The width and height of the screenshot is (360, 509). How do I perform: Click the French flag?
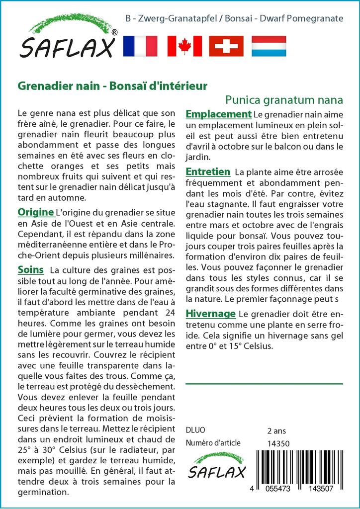(x=140, y=46)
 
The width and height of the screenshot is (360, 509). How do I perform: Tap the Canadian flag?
(x=184, y=46)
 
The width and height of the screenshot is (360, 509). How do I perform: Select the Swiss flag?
(x=226, y=46)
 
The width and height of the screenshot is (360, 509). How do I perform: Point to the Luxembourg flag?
(x=269, y=46)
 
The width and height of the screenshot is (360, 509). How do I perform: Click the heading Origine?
(x=35, y=212)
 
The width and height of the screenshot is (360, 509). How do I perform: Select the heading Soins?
(x=30, y=270)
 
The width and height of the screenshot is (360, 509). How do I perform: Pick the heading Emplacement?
(x=218, y=114)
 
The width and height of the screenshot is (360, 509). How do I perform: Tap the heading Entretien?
(x=208, y=172)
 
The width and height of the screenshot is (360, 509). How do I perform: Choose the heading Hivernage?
(x=210, y=314)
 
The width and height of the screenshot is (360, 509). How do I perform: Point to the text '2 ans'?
(x=276, y=430)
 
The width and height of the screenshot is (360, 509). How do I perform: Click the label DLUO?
(x=195, y=430)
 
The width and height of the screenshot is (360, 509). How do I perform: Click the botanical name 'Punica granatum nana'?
(x=284, y=99)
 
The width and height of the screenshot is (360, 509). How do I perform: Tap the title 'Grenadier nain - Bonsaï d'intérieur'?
(x=112, y=86)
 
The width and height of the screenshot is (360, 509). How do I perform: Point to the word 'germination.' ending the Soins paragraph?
(x=43, y=492)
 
